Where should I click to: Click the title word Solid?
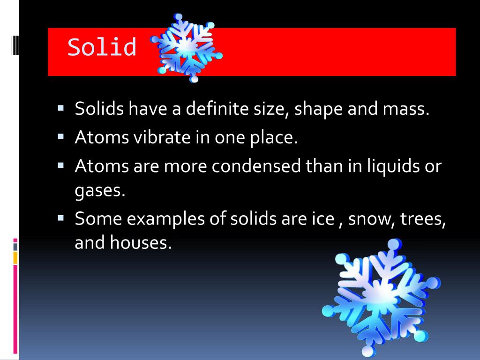102,47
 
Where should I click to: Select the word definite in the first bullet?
217,109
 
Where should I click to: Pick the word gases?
100,192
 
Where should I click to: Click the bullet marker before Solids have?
60,109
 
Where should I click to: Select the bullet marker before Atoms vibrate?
60,137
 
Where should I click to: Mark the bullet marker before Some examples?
60,217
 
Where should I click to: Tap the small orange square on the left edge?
15,257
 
